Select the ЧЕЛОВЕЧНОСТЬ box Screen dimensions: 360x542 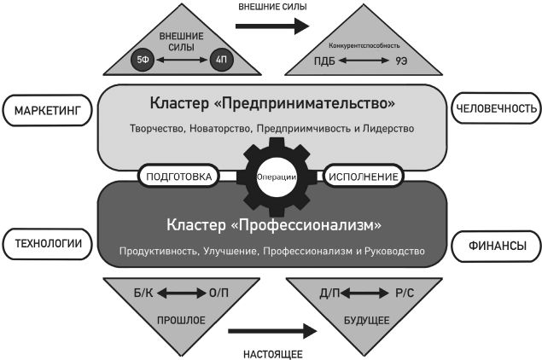(x=496, y=109)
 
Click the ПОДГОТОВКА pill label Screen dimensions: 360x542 (x=179, y=177)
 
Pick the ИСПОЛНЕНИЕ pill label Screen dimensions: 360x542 (x=362, y=177)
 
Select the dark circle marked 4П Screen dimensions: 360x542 (x=220, y=61)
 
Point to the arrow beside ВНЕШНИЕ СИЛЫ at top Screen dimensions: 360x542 (x=271, y=26)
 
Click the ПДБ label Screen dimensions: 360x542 (x=324, y=61)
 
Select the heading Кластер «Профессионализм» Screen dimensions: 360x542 (x=273, y=226)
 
